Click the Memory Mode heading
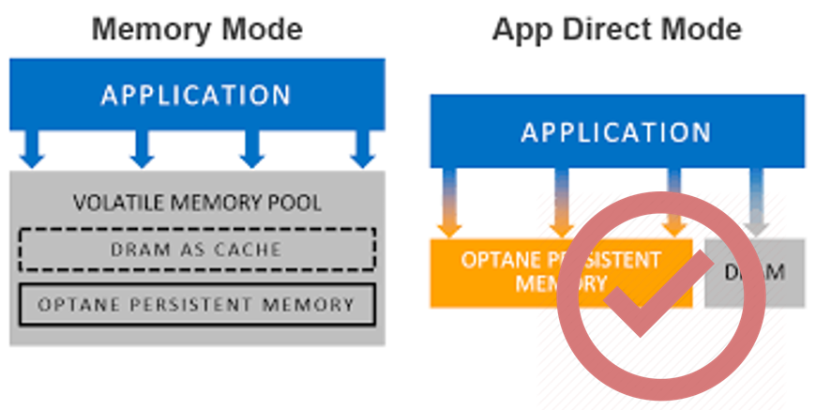click(197, 29)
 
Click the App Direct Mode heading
click(616, 29)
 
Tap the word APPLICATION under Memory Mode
click(197, 95)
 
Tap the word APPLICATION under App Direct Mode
click(616, 131)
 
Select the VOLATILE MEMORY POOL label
click(197, 203)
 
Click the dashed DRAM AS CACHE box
click(197, 250)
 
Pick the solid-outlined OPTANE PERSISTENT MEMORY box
click(197, 304)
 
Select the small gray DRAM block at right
click(755, 272)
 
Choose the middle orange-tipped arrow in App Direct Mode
click(562, 203)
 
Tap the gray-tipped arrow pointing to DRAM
click(756, 203)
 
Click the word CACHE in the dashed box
click(247, 250)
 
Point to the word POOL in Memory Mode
click(298, 203)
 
